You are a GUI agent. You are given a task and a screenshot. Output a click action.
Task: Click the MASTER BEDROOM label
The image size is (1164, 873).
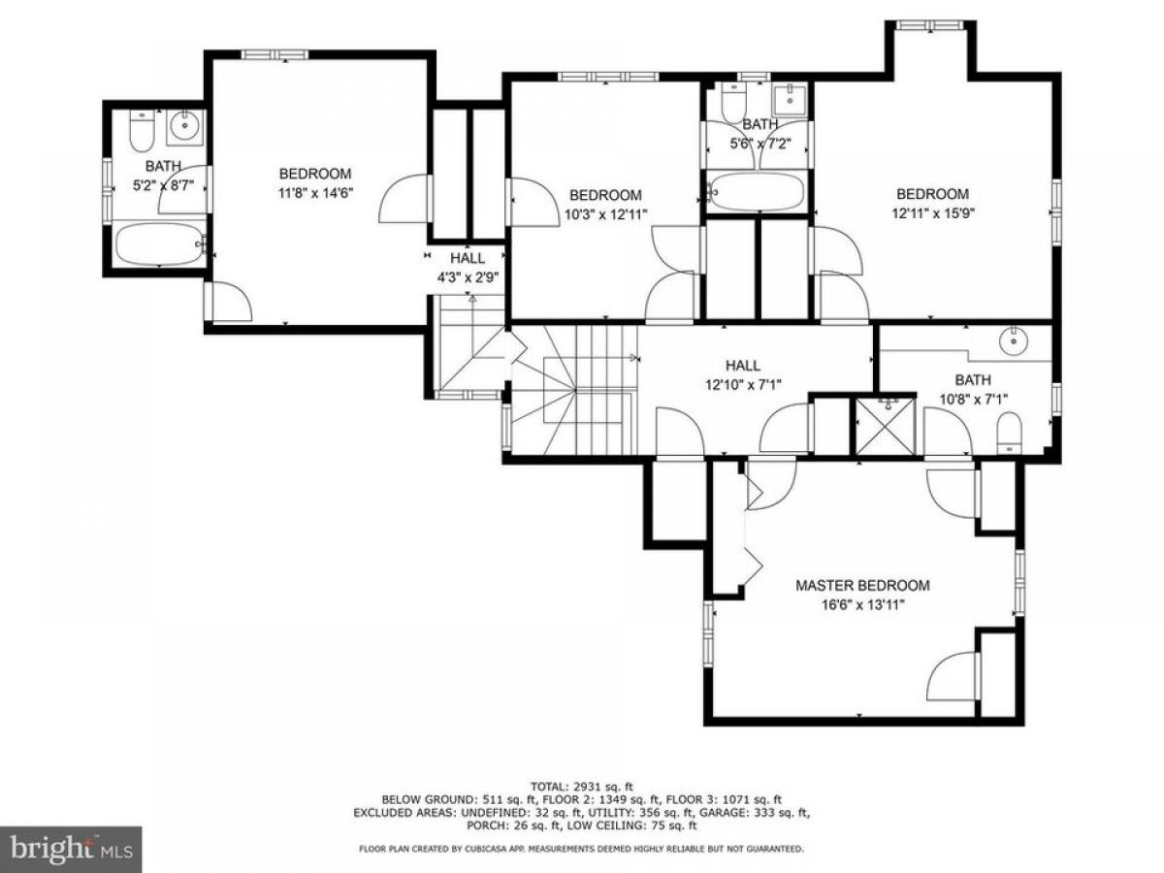click(x=862, y=585)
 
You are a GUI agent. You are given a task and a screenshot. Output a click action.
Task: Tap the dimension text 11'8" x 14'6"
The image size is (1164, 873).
click(x=315, y=192)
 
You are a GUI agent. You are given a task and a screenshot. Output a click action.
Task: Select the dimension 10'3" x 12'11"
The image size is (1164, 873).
click(x=605, y=213)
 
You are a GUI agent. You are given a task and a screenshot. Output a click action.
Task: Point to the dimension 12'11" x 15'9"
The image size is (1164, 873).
click(x=933, y=212)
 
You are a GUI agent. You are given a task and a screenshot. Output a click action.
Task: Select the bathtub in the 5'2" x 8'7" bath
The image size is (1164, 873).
click(x=160, y=243)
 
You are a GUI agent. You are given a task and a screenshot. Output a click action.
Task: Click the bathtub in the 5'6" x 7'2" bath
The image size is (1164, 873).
click(x=756, y=191)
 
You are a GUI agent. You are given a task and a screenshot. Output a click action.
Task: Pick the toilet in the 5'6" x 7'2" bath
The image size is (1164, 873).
click(x=734, y=102)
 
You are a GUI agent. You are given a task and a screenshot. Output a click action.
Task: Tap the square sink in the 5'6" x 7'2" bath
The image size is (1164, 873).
click(x=790, y=99)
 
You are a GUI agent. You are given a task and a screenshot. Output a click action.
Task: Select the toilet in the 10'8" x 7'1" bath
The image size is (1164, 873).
click(x=1009, y=433)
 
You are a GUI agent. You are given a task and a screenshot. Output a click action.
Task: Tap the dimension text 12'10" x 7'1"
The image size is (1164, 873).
click(x=743, y=384)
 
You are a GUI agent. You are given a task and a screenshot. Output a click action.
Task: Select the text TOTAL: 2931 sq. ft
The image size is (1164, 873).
click(x=582, y=786)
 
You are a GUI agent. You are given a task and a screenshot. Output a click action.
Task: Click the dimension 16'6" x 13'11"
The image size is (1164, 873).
click(x=862, y=604)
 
